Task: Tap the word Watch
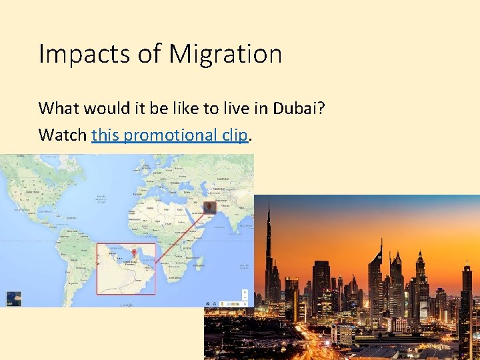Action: (63, 135)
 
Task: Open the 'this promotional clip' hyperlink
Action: (170, 135)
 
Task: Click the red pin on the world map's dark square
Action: (210, 207)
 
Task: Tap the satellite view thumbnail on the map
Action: (13, 298)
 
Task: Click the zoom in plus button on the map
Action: (245, 293)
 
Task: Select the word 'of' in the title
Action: (151, 54)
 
